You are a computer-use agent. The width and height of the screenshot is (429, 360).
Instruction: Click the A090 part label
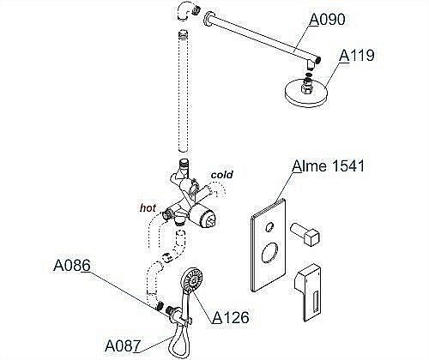(328, 19)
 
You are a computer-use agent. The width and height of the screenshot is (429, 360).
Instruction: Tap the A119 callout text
(357, 55)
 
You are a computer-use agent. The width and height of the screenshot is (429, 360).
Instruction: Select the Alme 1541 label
(329, 165)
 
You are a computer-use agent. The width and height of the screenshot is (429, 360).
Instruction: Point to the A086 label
(72, 266)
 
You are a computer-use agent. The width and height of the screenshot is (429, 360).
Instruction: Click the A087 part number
(123, 345)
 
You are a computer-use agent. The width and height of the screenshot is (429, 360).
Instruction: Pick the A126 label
(230, 317)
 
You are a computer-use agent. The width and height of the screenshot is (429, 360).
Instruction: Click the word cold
(221, 175)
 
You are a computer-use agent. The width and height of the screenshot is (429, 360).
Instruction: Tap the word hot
(148, 207)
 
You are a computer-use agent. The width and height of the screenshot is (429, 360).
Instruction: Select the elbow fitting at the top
(185, 13)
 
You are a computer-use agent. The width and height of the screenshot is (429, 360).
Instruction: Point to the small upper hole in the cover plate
(269, 227)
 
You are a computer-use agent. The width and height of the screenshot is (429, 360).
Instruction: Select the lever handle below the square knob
(310, 292)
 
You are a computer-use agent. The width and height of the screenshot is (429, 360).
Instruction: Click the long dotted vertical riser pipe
(184, 91)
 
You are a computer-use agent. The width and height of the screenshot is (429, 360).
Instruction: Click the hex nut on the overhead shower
(307, 87)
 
